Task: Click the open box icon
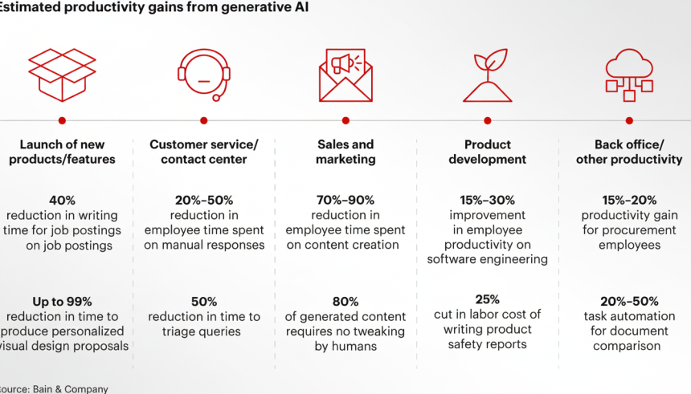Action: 62,75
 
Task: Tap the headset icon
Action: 204,75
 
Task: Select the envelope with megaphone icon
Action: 345,75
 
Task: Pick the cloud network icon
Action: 629,74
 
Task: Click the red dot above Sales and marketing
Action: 345,120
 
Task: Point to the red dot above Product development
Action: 488,120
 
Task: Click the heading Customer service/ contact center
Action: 204,152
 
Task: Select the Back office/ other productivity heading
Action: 629,152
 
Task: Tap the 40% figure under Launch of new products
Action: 62,200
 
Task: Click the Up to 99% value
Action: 62,302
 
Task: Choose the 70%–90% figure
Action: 345,200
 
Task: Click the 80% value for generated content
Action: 345,302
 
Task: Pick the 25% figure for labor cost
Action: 488,299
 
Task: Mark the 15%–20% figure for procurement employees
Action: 629,200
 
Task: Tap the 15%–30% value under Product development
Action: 488,200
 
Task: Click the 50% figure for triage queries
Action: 204,302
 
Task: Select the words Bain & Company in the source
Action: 70,388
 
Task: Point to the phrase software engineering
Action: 488,258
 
